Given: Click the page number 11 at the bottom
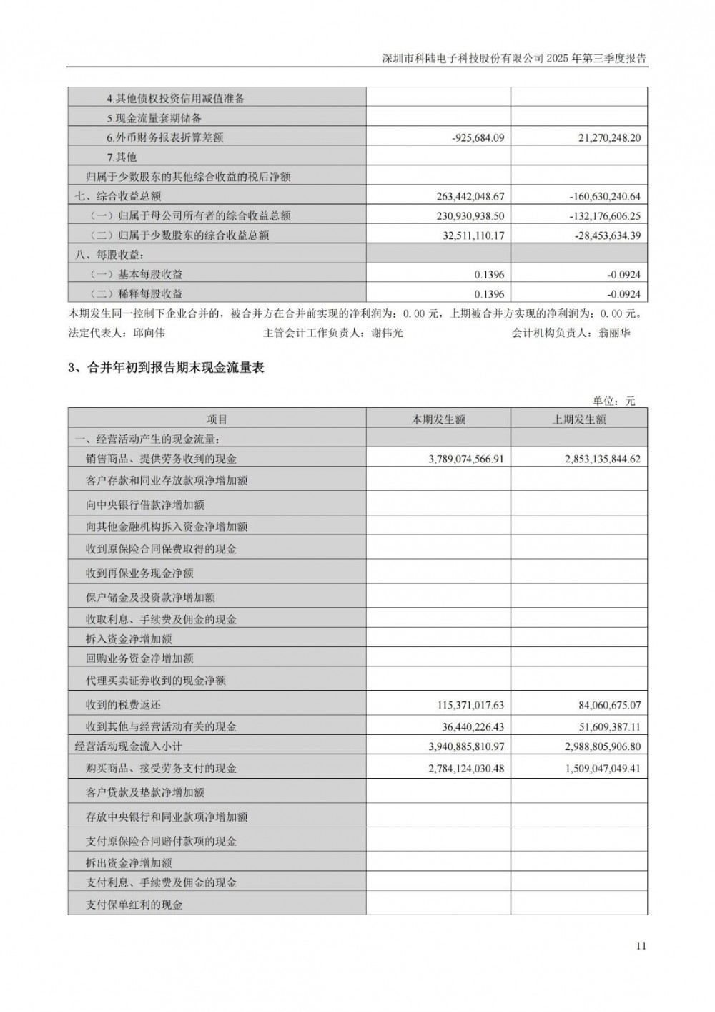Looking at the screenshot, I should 640,945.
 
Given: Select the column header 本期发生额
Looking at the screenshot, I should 438,419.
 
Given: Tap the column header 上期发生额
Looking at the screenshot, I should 579,419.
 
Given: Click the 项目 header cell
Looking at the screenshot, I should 217,419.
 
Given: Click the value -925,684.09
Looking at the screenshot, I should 478,137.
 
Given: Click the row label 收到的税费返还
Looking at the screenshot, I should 123,705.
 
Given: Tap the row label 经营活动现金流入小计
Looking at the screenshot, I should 129,746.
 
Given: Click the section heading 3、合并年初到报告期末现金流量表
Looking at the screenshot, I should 166,368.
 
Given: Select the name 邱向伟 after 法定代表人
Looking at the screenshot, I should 149,333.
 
